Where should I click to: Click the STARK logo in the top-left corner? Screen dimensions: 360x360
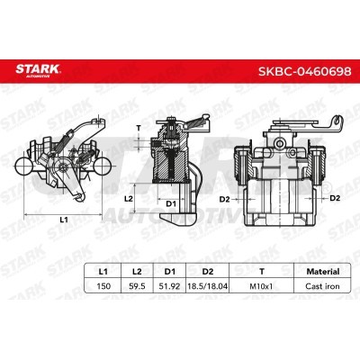coord(35,71)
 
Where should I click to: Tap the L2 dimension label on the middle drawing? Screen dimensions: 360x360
coord(129,196)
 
